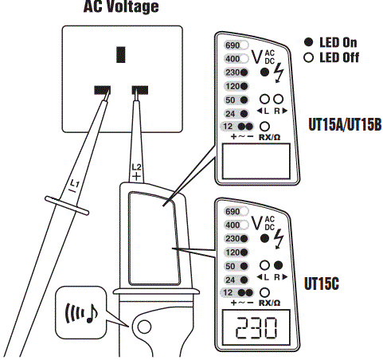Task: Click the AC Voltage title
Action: tap(121, 8)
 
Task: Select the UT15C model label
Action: tap(322, 283)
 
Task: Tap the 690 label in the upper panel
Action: tap(233, 45)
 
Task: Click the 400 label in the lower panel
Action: tap(233, 225)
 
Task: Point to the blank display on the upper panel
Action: tap(255, 163)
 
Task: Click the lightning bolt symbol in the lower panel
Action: tap(278, 237)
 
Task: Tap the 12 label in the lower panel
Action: tap(229, 292)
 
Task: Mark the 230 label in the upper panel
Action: tap(233, 72)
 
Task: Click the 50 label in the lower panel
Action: tap(232, 265)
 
